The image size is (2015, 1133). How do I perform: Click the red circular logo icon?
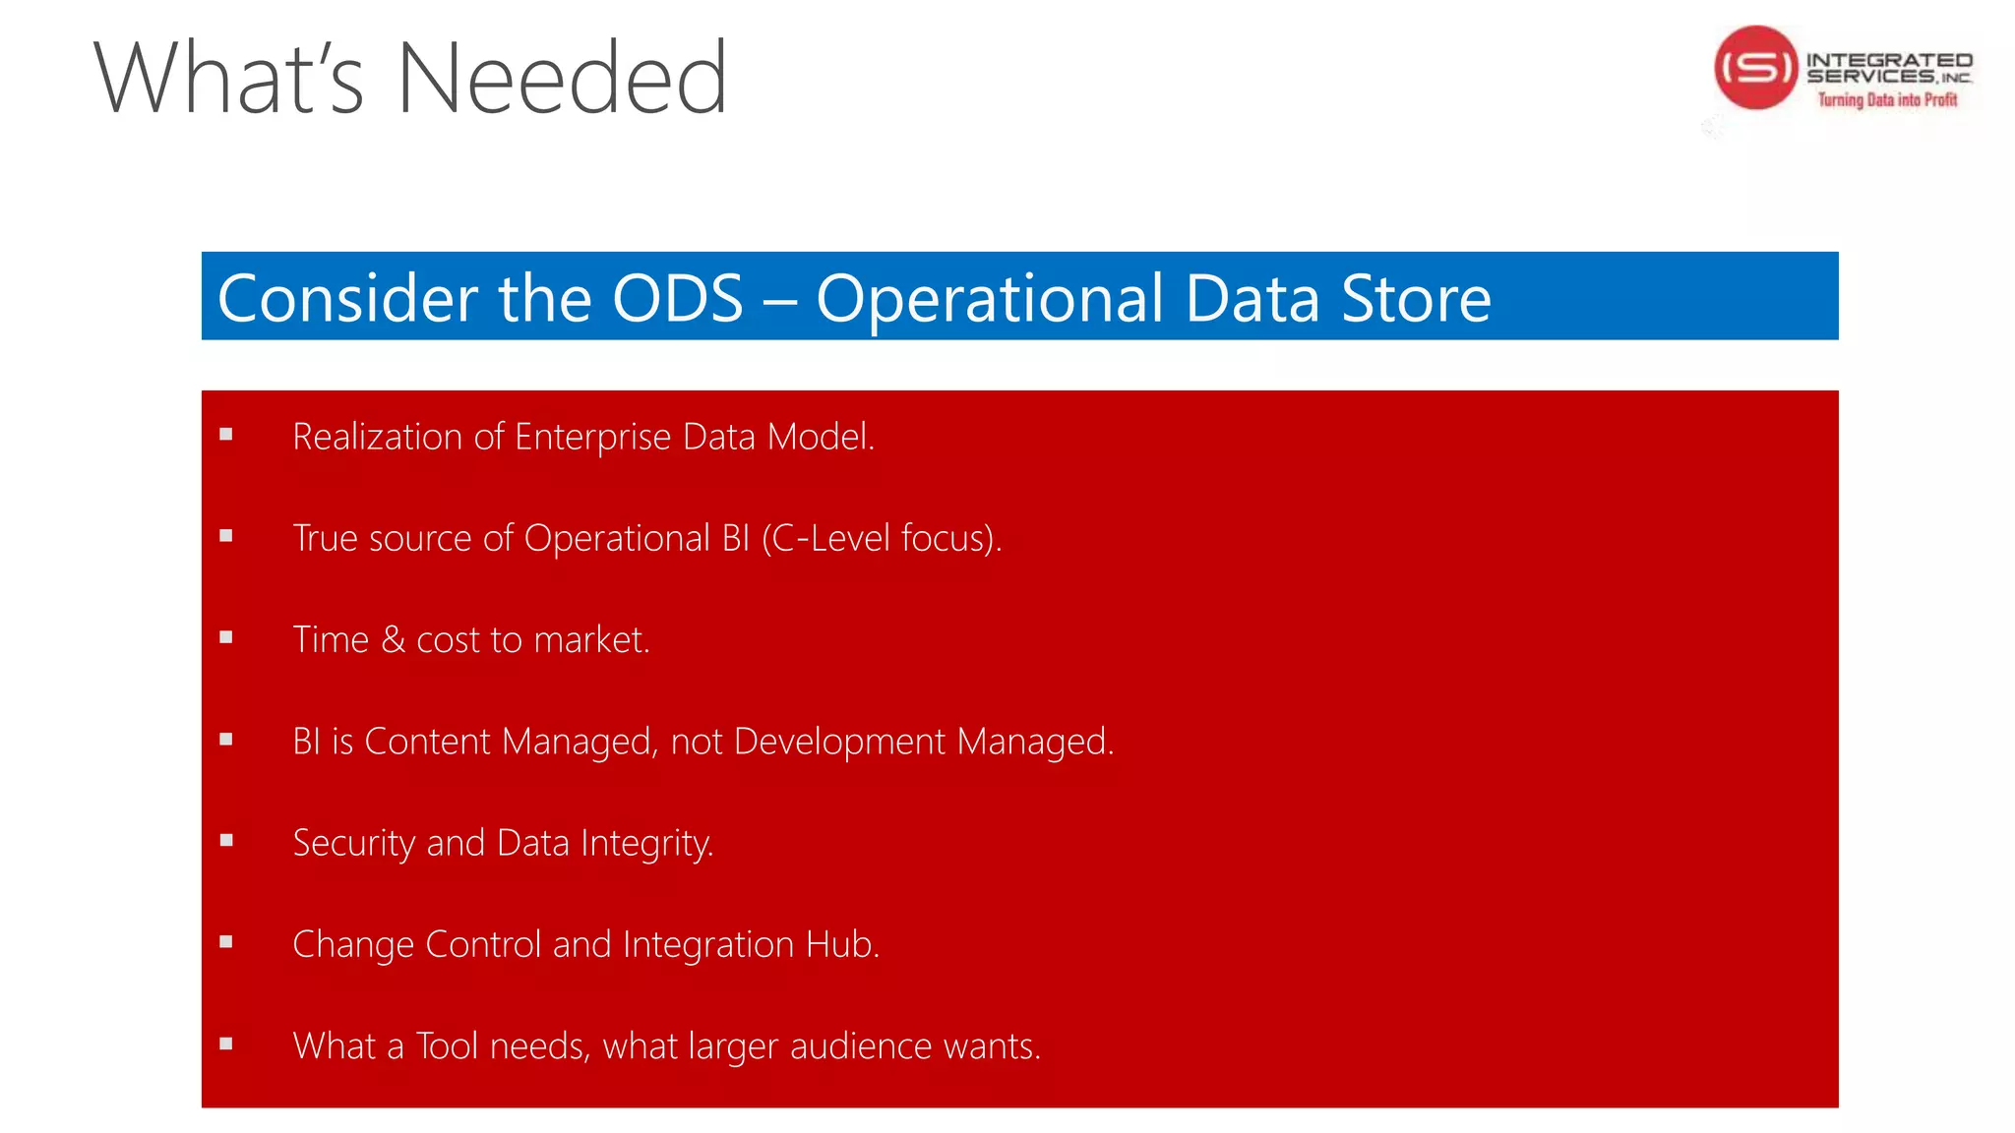pyautogui.click(x=1755, y=68)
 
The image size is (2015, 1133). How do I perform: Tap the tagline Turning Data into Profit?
pyautogui.click(x=1886, y=99)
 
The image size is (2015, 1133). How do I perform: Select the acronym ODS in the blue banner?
pyautogui.click(x=677, y=298)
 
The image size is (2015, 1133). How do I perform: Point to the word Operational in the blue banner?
pyautogui.click(x=990, y=300)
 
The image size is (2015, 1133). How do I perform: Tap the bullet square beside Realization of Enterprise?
pyautogui.click(x=226, y=434)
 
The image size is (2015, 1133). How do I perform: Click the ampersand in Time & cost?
pyautogui.click(x=393, y=640)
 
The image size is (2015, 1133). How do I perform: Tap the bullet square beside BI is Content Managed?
pyautogui.click(x=226, y=739)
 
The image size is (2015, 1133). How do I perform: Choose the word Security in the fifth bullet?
pyautogui.click(x=354, y=844)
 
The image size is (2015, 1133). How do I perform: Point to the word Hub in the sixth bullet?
pyautogui.click(x=841, y=944)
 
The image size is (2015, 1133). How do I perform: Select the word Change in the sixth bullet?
pyautogui.click(x=353, y=945)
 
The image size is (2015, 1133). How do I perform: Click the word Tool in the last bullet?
pyautogui.click(x=447, y=1046)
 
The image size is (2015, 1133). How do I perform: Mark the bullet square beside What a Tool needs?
pyautogui.click(x=226, y=1044)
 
